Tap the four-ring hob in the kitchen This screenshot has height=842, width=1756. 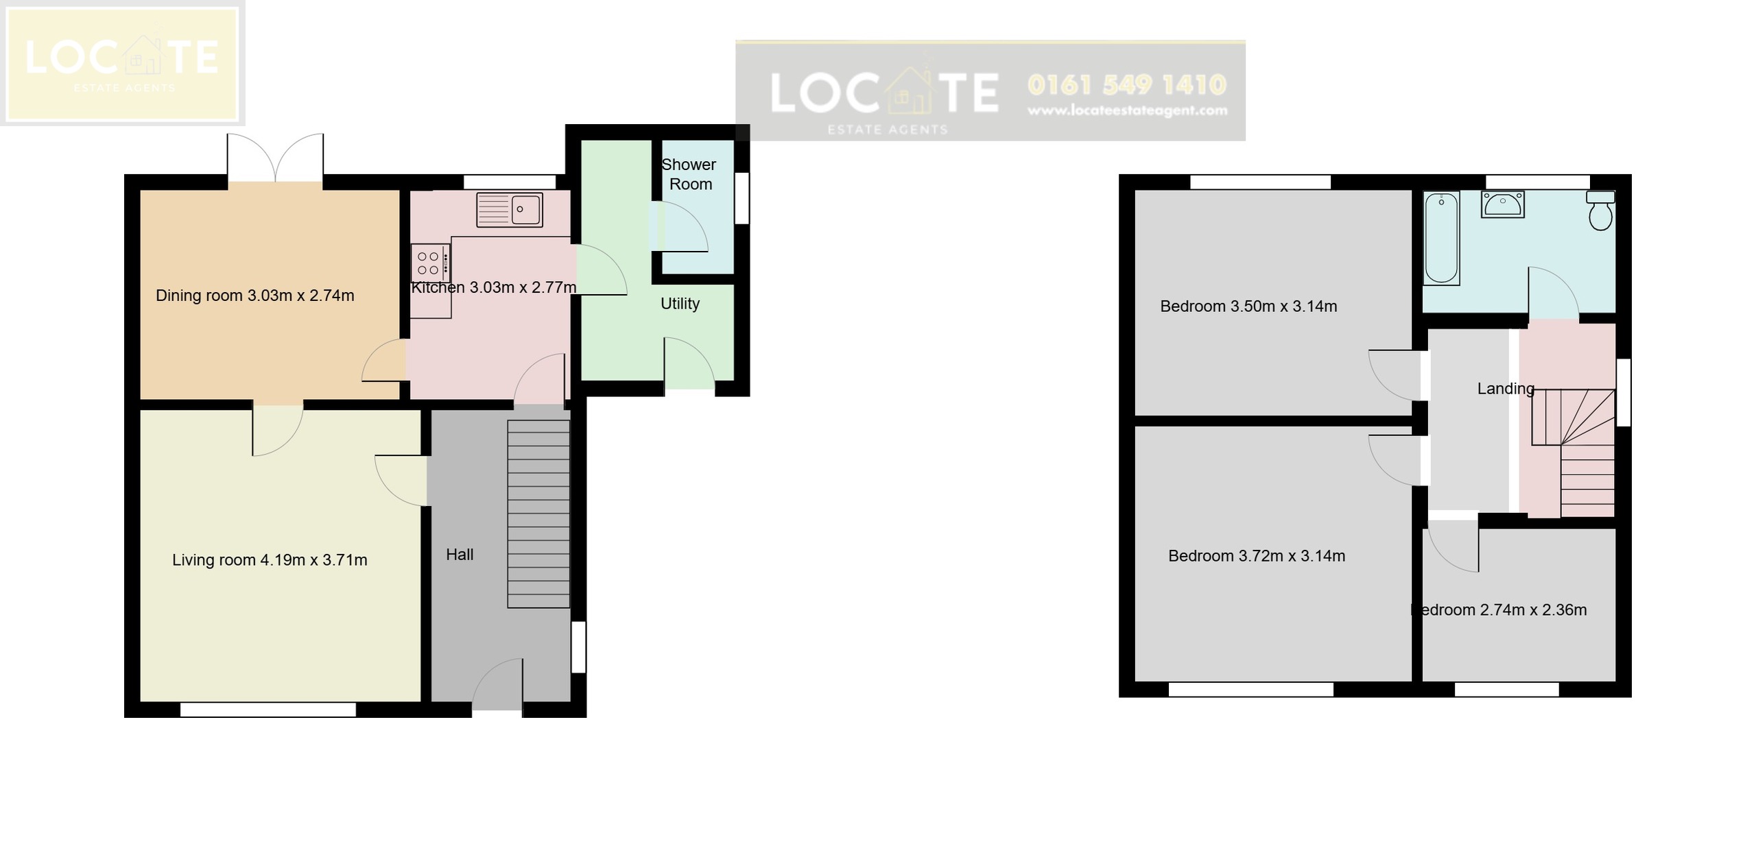pyautogui.click(x=429, y=263)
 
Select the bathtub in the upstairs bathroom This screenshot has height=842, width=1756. pyautogui.click(x=1441, y=238)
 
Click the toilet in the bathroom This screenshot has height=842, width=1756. pyautogui.click(x=1600, y=210)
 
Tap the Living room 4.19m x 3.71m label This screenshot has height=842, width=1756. pyautogui.click(x=270, y=560)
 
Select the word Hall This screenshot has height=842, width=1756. pyautogui.click(x=460, y=555)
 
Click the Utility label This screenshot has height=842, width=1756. pyautogui.click(x=680, y=304)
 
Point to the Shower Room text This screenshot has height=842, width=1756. pyautogui.click(x=689, y=174)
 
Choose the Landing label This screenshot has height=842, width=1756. pyautogui.click(x=1505, y=389)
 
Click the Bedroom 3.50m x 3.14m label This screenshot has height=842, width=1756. pyautogui.click(x=1248, y=306)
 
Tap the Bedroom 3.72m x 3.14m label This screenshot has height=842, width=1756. pyautogui.click(x=1257, y=556)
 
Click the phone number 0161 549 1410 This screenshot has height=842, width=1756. pyautogui.click(x=1127, y=85)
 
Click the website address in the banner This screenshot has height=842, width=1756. pyautogui.click(x=1127, y=110)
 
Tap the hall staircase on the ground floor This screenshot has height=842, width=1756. pyautogui.click(x=538, y=514)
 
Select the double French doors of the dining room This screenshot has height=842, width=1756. pyautogui.click(x=275, y=160)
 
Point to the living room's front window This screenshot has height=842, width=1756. pyautogui.click(x=268, y=710)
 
